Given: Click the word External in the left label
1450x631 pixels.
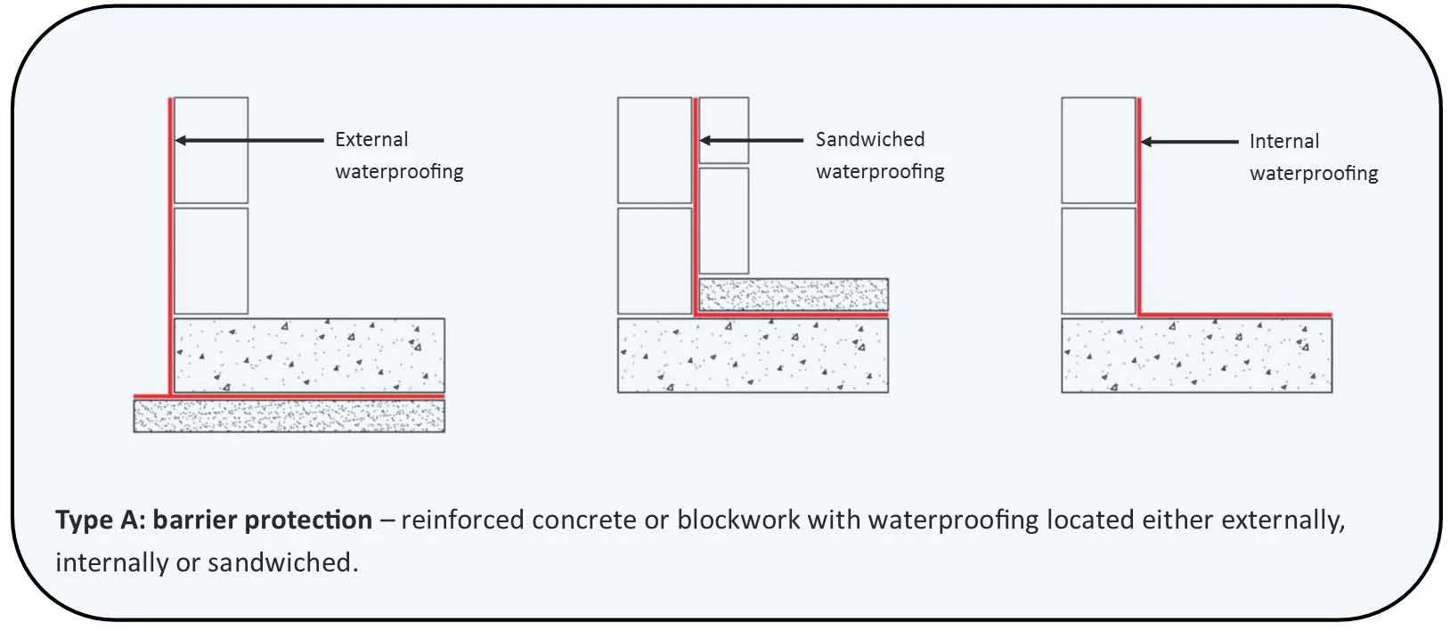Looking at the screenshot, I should point(371,140).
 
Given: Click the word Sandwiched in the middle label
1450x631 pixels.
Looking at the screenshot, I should point(869,140).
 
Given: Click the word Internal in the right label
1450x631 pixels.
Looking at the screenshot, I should point(1283,142).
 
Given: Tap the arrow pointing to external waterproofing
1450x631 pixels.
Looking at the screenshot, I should point(249,140).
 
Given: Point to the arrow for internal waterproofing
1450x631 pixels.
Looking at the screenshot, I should point(1189,142).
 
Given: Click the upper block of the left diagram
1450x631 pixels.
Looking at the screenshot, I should point(211,150).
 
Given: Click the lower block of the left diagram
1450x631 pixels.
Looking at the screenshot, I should point(211,260).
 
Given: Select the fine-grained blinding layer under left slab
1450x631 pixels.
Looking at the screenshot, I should point(289,415).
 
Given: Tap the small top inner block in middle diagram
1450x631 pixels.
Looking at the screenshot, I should point(723,130).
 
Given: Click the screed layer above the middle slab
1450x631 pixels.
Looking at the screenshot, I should point(793,294).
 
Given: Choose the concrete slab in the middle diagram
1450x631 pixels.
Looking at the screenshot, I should point(753,356).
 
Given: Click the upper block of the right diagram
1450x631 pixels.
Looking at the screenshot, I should point(1098,150).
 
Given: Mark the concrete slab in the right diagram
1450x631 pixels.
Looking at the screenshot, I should point(1196,356).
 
